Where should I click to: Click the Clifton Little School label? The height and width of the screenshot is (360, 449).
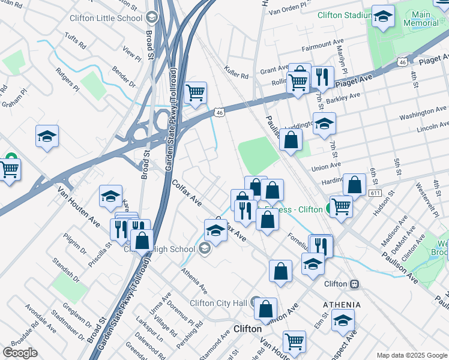(106, 18)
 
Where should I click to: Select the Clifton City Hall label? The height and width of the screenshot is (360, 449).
(218, 303)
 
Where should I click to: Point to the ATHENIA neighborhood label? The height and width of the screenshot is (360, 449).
(342, 304)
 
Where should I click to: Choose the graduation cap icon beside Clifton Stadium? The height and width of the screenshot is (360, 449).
(382, 16)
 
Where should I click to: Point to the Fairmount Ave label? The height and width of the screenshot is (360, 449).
(324, 45)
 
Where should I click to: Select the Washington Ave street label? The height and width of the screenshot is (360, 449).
(423, 112)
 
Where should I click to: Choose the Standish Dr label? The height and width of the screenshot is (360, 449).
(67, 269)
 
